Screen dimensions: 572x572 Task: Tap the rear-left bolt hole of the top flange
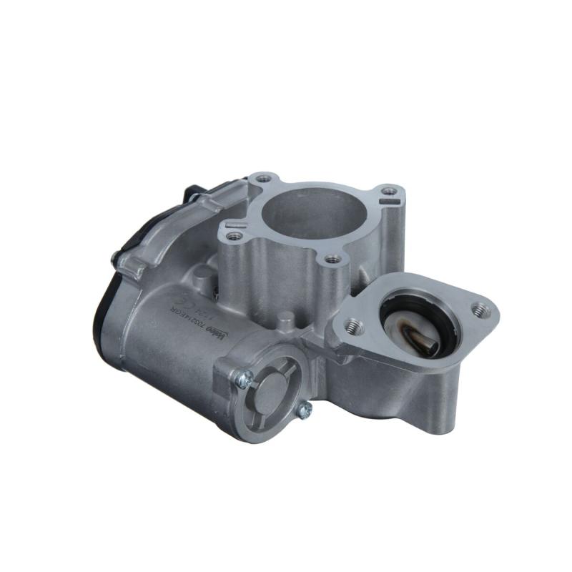coord(262,176)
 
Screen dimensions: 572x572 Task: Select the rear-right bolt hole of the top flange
coord(388,192)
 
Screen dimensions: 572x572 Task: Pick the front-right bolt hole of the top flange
coord(330,259)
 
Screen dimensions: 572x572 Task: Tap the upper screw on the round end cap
coord(243,381)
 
